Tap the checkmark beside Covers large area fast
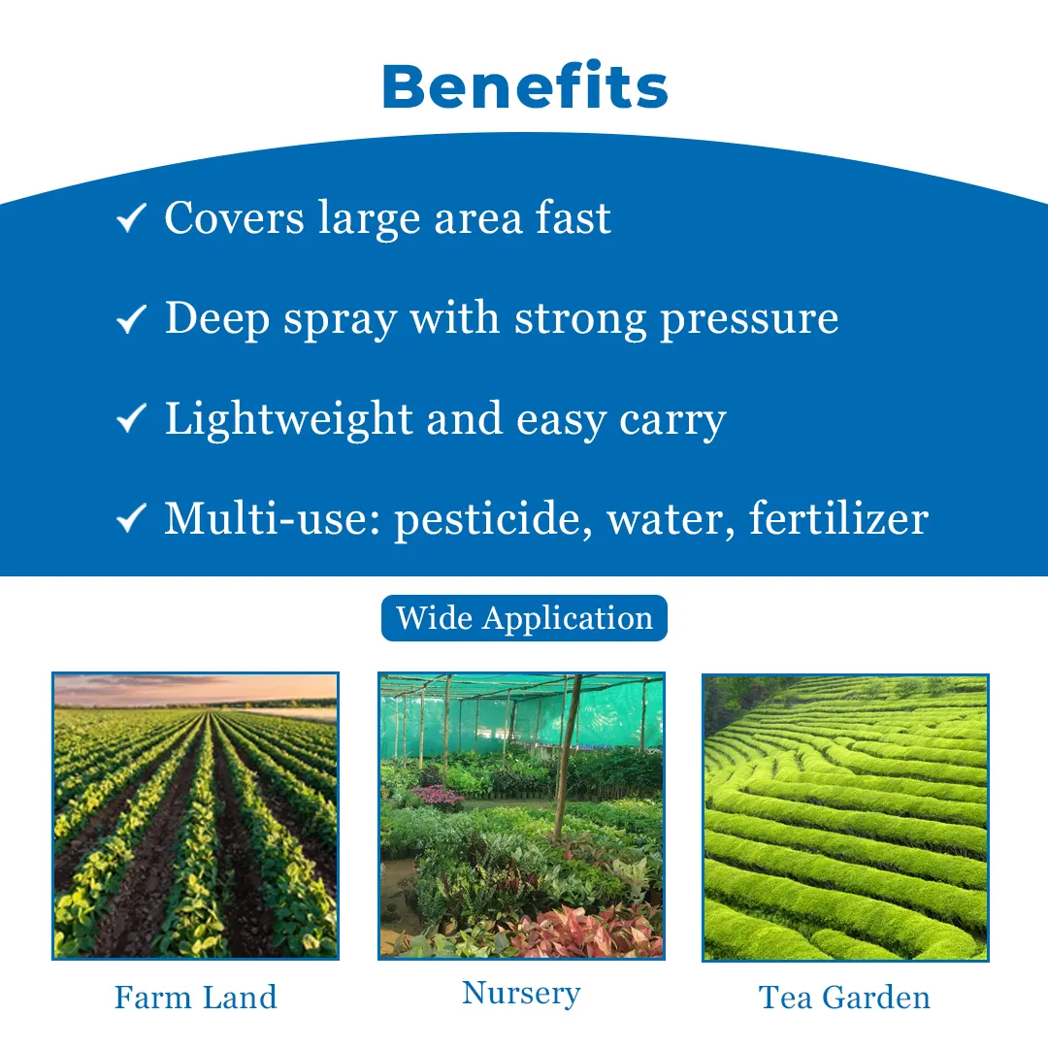[x=131, y=218]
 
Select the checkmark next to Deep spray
[x=131, y=318]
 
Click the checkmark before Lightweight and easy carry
[x=131, y=418]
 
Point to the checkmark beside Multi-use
[x=131, y=518]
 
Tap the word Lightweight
[x=288, y=420]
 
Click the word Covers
[x=234, y=218]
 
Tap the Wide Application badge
[x=524, y=617]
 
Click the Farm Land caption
[x=195, y=998]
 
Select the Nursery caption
[x=521, y=994]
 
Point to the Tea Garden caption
[x=844, y=998]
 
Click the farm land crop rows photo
[x=195, y=816]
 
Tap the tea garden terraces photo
[x=845, y=817]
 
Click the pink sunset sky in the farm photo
[x=195, y=688]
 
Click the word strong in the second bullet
[x=580, y=319]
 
